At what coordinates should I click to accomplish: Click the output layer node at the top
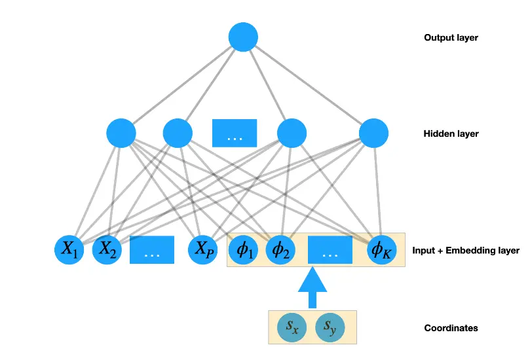point(244,37)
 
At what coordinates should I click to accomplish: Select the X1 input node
point(69,250)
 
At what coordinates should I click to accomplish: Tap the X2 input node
point(107,250)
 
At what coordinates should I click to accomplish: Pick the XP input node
point(202,250)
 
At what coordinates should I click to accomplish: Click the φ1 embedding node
point(243,250)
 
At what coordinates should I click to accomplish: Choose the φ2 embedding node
point(280,250)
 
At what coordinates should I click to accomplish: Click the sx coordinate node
point(292,327)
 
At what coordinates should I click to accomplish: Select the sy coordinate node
point(330,327)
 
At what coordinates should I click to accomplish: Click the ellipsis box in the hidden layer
point(235,134)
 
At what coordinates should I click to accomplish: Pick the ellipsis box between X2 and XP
point(152,250)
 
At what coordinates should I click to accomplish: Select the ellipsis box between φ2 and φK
point(330,250)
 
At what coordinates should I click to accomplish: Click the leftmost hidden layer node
point(121,134)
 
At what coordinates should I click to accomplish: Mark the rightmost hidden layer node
point(374,134)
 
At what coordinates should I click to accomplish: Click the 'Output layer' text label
point(451,38)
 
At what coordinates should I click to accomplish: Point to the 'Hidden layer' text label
point(451,134)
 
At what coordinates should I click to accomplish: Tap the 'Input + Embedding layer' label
point(466,251)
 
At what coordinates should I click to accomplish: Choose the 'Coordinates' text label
point(451,328)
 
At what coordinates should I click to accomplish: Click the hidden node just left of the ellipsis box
point(177,134)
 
